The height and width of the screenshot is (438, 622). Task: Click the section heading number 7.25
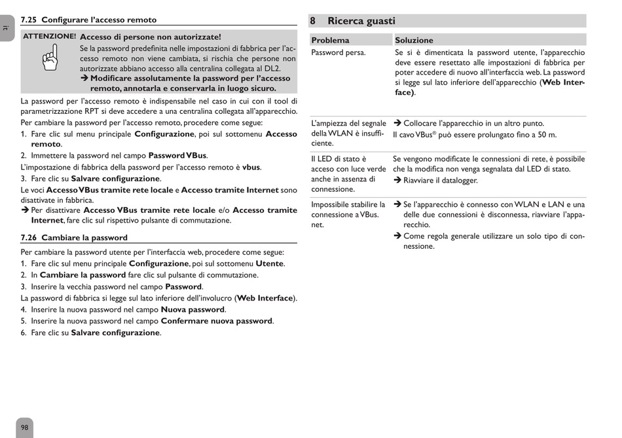(x=29, y=20)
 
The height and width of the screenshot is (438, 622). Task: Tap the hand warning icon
(x=50, y=61)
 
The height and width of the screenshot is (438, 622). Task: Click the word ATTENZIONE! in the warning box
(x=50, y=37)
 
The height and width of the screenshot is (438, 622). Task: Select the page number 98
(x=25, y=428)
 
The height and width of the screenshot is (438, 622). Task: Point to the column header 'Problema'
(x=330, y=41)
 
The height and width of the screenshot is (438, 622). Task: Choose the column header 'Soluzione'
(x=414, y=41)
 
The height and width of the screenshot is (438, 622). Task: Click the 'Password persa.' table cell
(x=338, y=52)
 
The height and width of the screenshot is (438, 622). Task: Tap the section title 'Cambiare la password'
(x=84, y=238)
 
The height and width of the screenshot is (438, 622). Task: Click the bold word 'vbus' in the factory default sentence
(x=251, y=167)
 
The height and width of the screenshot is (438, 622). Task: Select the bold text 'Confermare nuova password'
(x=216, y=321)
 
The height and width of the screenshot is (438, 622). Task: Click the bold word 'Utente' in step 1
(x=269, y=264)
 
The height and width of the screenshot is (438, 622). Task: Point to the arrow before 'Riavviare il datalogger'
(x=397, y=181)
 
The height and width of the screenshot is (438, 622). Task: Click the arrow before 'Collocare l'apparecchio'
(x=397, y=124)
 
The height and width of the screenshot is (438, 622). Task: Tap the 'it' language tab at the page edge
(x=5, y=27)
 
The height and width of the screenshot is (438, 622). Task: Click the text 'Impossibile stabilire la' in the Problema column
(x=348, y=205)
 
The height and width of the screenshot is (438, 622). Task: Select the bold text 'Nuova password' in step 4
(x=193, y=310)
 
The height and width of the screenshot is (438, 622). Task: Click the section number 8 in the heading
(x=314, y=21)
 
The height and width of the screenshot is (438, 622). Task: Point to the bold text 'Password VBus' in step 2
(x=177, y=156)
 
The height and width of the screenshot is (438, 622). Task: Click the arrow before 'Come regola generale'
(x=397, y=236)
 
